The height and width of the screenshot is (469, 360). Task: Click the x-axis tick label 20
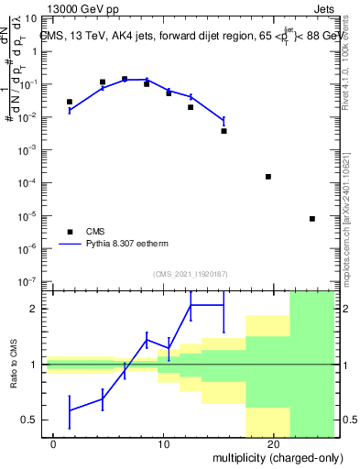point(273,443)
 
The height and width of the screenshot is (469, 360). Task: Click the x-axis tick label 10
point(163,443)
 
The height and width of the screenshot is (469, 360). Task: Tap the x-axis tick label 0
point(54,443)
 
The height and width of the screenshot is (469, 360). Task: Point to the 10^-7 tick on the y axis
point(27,281)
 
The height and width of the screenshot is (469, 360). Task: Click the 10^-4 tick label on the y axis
point(27,183)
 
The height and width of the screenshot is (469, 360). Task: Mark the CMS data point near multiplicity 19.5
point(268,176)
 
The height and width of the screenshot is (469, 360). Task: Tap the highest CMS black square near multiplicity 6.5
point(125,79)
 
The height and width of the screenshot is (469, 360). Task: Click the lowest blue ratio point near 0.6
point(70,409)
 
